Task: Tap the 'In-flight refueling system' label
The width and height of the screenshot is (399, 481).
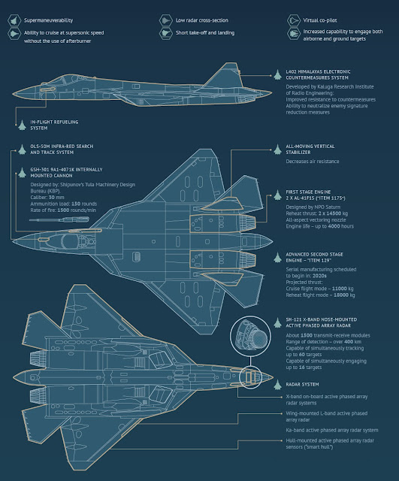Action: [x=46, y=124]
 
